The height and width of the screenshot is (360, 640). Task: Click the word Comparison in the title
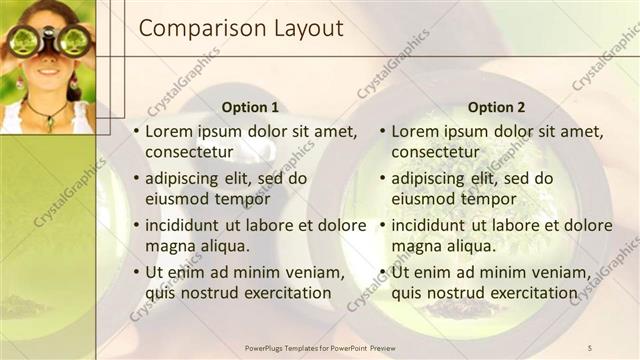[197, 30]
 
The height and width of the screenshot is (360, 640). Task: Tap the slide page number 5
[590, 346]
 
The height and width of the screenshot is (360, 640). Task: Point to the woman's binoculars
[48, 41]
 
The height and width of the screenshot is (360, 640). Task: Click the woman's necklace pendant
[46, 123]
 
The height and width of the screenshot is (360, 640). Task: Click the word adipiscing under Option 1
[184, 178]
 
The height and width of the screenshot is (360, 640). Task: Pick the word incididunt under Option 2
[431, 225]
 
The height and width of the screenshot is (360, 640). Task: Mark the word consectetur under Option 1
[189, 152]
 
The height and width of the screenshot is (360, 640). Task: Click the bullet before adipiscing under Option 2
[382, 178]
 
